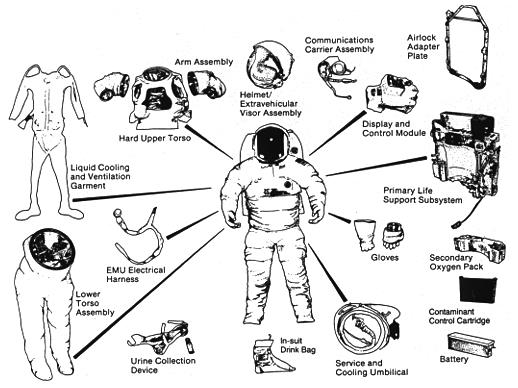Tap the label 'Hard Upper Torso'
(155, 138)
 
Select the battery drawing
(471, 343)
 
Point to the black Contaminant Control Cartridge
(478, 289)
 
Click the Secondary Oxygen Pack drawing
(480, 247)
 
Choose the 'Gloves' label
(385, 258)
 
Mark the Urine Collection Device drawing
(160, 338)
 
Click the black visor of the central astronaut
(271, 144)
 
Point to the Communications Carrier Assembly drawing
(335, 75)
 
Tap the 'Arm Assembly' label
(204, 62)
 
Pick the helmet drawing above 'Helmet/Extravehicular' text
(270, 65)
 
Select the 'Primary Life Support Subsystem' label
(422, 195)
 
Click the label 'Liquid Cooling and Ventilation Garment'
(100, 177)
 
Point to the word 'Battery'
(454, 359)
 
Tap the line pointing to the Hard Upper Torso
(209, 142)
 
